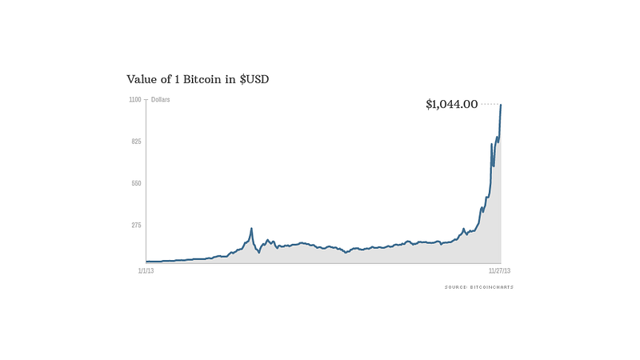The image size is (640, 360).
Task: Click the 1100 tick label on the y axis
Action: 134,99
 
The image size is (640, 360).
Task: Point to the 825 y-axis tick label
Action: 135,142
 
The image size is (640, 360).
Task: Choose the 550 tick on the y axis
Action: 135,183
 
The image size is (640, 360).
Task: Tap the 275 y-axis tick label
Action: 135,225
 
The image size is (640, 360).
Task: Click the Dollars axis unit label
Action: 160,99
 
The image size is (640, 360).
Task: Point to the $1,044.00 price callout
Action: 451,104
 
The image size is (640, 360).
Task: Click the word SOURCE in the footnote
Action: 455,286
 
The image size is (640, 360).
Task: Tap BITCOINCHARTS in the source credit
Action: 490,286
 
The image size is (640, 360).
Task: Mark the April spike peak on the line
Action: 251,229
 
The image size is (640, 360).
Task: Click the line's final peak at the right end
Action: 501,105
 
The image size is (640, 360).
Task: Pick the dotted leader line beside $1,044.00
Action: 490,104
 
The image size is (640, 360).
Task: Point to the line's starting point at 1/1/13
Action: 146,261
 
